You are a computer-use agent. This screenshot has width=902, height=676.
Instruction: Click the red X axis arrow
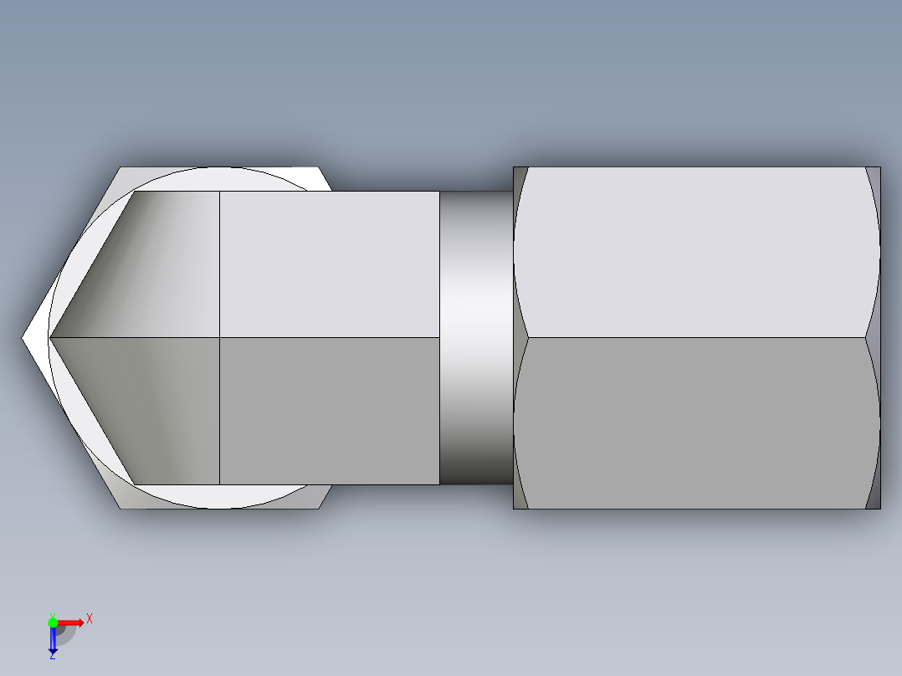pyautogui.click(x=71, y=622)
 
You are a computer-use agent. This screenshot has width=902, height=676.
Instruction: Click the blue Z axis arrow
pyautogui.click(x=53, y=641)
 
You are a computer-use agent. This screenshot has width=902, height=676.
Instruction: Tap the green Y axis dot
pyautogui.click(x=53, y=622)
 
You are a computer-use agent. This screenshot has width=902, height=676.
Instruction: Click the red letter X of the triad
pyautogui.click(x=89, y=618)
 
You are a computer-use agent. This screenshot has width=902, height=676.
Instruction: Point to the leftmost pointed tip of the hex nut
pyautogui.click(x=23, y=338)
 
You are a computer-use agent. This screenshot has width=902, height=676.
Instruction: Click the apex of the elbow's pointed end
pyautogui.click(x=51, y=338)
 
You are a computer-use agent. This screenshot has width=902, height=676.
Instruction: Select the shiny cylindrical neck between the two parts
pyautogui.click(x=475, y=338)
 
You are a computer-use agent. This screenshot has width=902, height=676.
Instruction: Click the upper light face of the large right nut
pyautogui.click(x=694, y=251)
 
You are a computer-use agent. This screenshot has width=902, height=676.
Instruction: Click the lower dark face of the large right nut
pyautogui.click(x=694, y=422)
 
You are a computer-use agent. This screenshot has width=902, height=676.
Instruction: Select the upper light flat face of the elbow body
pyautogui.click(x=329, y=264)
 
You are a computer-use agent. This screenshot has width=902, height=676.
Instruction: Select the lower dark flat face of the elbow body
pyautogui.click(x=329, y=410)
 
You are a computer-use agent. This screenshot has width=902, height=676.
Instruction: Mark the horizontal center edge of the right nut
pyautogui.click(x=694, y=338)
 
